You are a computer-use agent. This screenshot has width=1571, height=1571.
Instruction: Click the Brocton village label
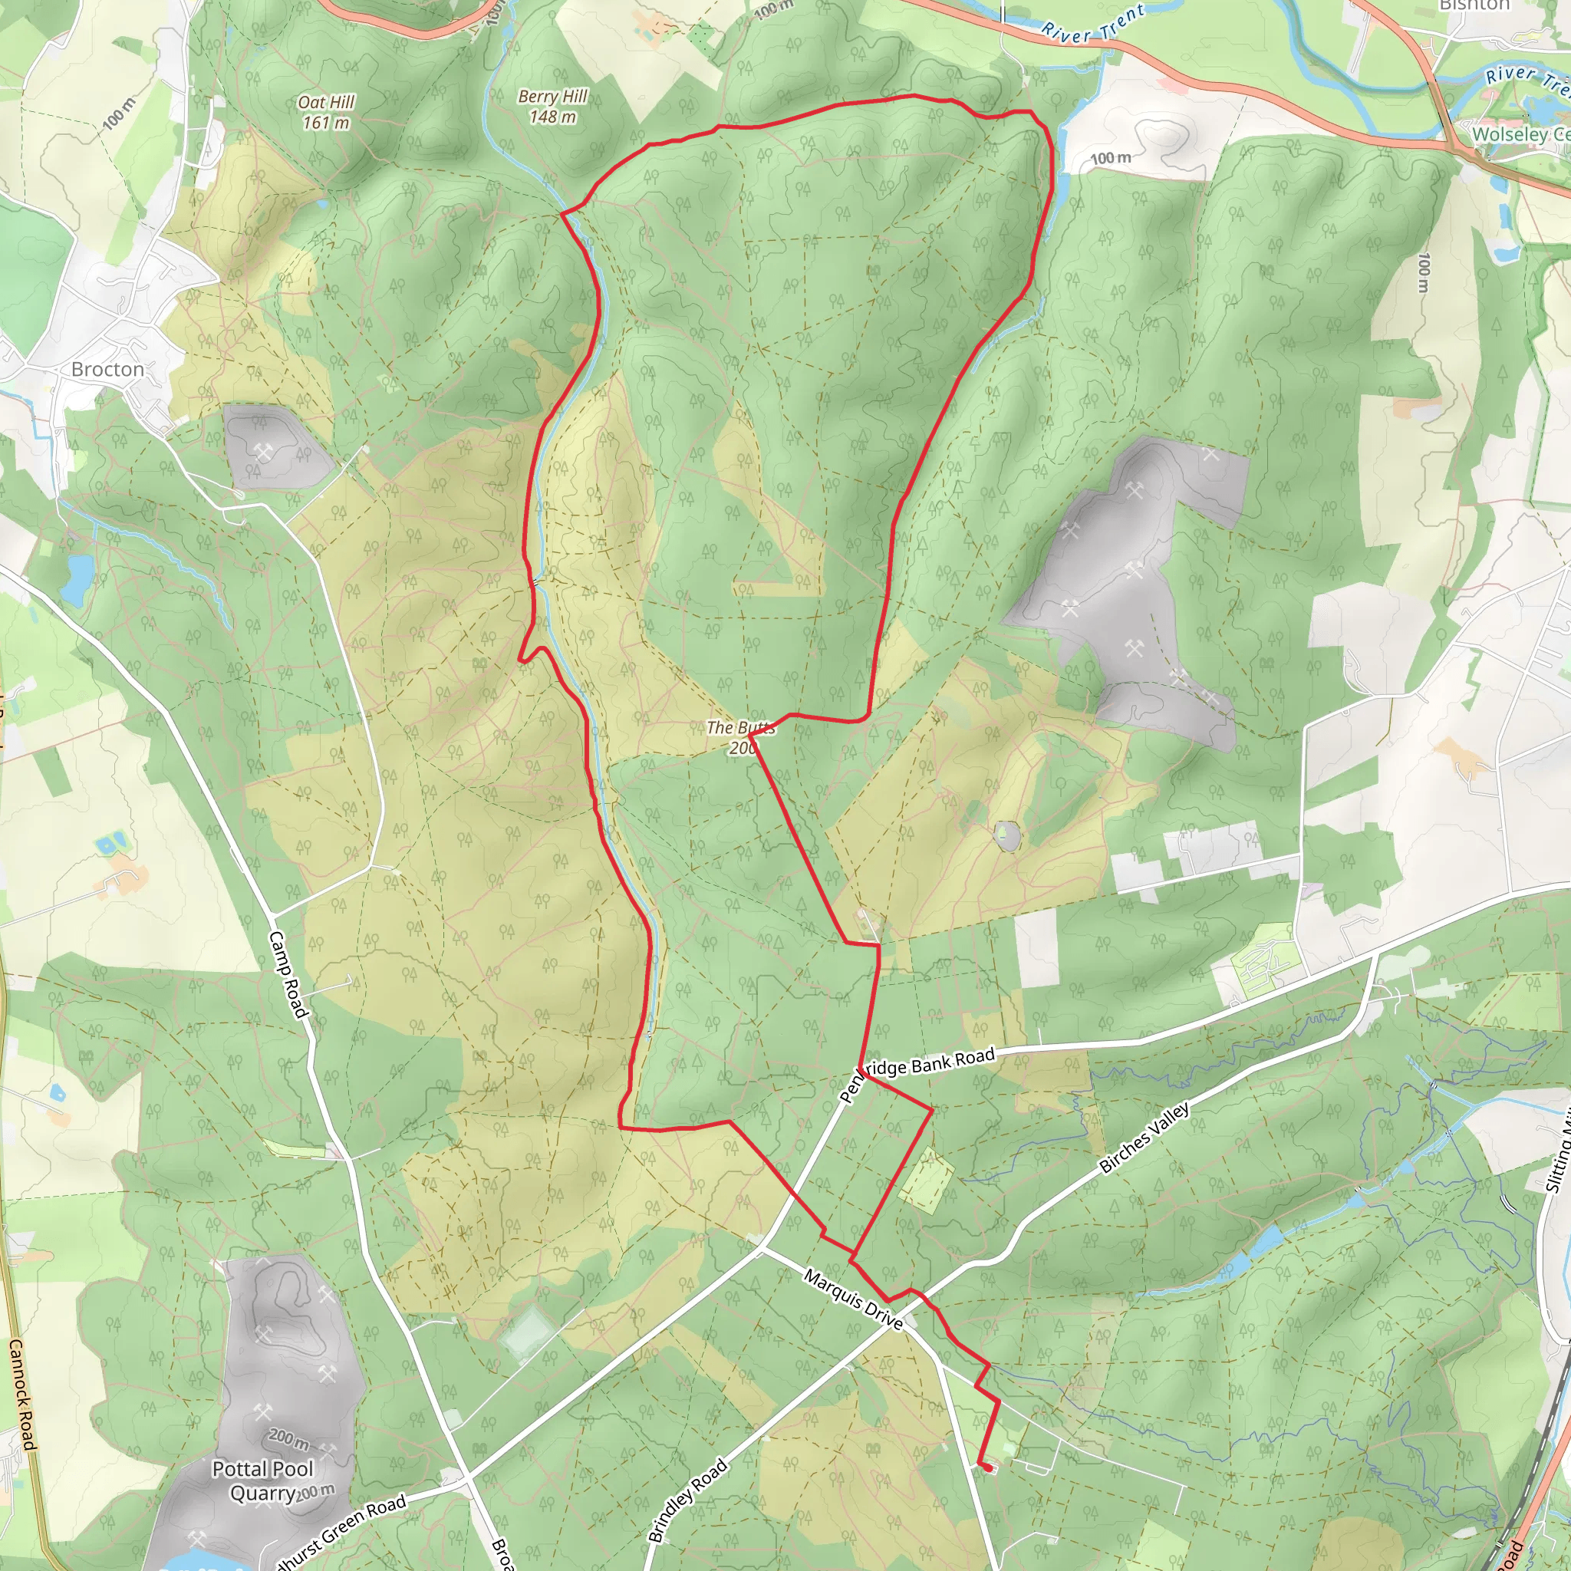coord(107,369)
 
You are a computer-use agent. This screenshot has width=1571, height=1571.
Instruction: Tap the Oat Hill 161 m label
coord(326,112)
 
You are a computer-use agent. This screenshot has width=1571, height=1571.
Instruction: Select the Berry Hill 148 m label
coord(553,107)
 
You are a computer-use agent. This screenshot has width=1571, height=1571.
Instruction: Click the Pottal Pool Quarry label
coord(262,1480)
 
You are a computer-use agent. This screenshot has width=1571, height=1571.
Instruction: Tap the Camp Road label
coord(288,974)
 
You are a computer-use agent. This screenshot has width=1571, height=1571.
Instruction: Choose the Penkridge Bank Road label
coord(917,1074)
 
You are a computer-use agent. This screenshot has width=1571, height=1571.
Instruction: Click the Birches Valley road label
coord(1144,1137)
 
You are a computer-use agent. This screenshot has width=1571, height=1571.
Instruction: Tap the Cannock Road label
coord(22,1395)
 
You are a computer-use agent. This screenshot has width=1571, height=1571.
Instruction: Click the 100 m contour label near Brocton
coord(120,113)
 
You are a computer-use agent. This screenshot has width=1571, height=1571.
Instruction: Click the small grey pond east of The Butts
coord(1006,835)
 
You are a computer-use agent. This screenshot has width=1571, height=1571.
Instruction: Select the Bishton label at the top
coord(1474,5)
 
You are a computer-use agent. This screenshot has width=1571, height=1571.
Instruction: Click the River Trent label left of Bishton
coord(1094,23)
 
